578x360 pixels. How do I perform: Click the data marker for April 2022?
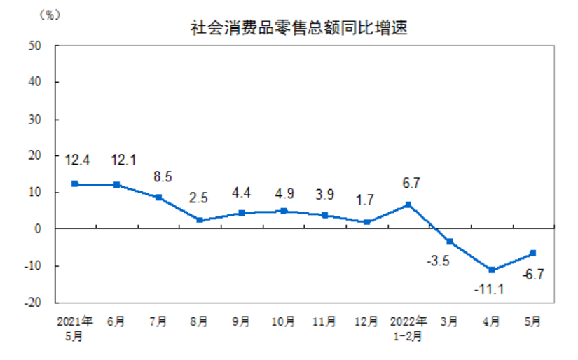[492, 270]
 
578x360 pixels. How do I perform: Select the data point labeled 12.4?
[74, 184]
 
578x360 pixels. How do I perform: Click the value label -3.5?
[438, 261]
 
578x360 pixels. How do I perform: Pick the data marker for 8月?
[200, 220]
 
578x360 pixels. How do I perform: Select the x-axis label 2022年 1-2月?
[408, 328]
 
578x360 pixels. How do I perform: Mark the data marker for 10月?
[283, 211]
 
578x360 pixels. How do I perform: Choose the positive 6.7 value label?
[408, 183]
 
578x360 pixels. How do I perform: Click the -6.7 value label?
[534, 273]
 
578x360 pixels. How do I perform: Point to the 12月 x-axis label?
[366, 322]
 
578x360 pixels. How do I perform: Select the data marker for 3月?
[450, 242]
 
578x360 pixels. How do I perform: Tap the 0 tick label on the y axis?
[39, 229]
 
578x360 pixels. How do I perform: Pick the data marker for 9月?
[242, 213]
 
